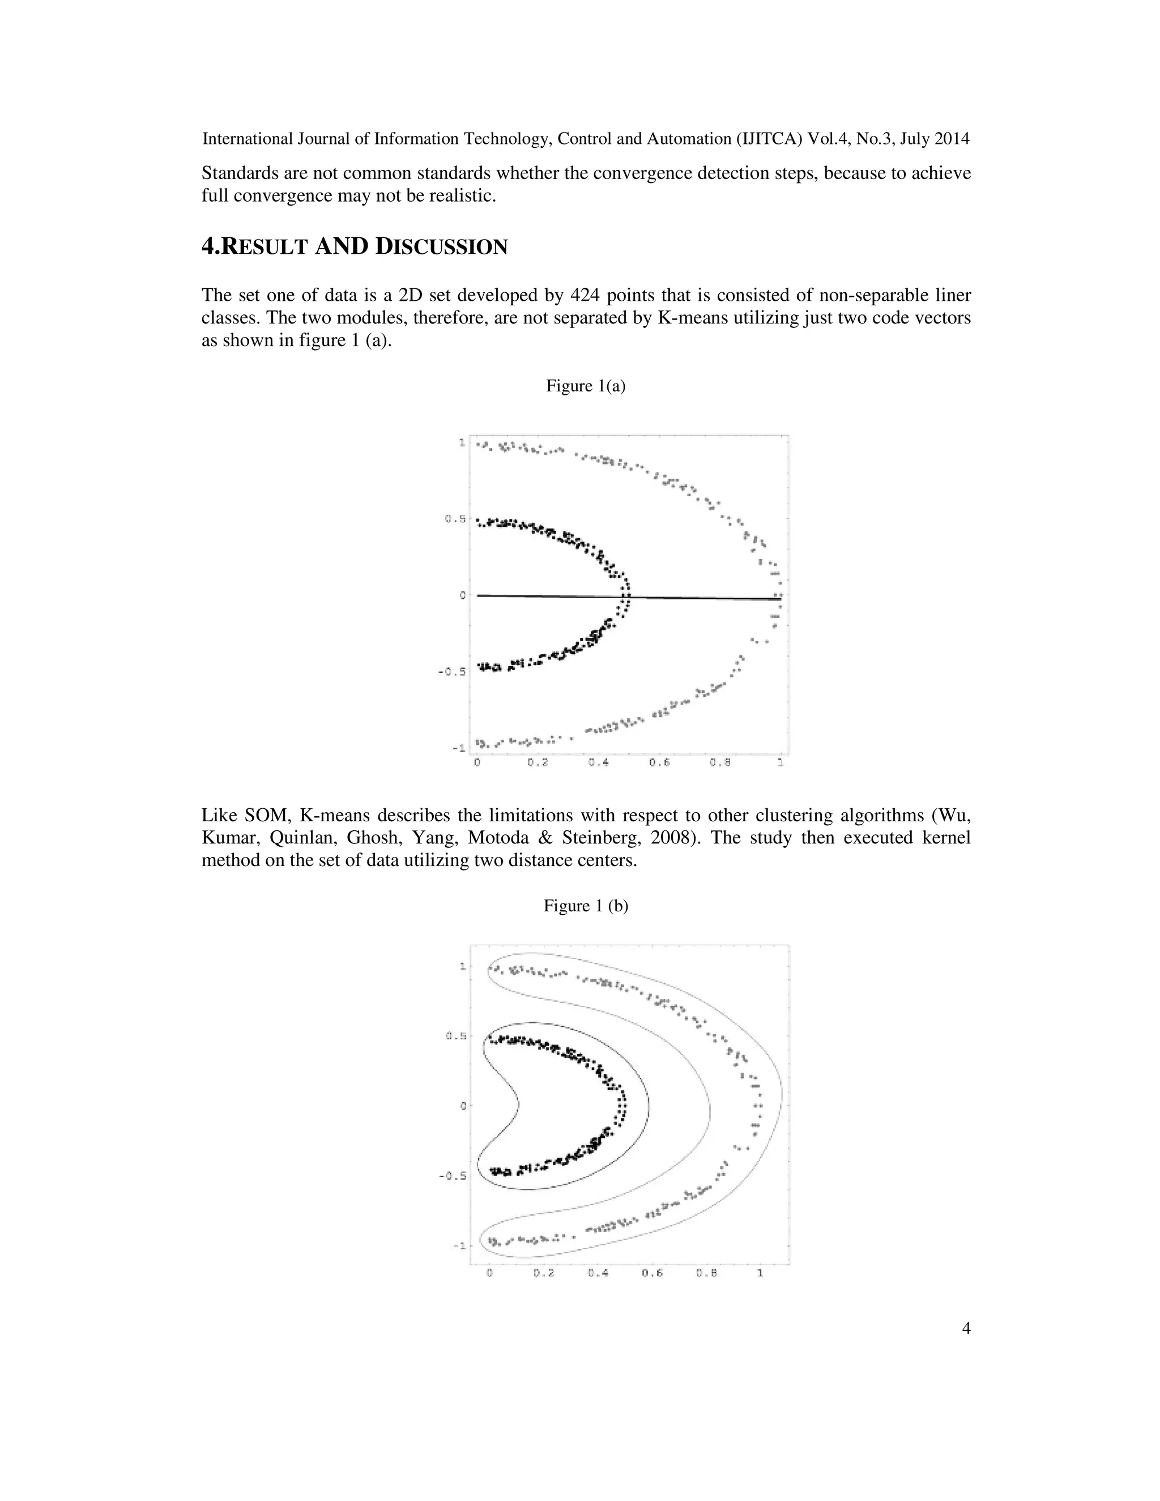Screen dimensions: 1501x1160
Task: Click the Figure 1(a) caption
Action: tap(586, 386)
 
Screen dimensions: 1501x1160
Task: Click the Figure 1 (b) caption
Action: tap(586, 906)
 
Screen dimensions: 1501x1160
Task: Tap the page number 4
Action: tap(966, 1328)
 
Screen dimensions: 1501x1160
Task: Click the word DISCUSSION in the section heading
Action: tap(441, 247)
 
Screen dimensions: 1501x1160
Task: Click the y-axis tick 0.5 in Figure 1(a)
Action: tap(455, 519)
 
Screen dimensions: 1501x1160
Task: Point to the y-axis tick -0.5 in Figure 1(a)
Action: tap(452, 671)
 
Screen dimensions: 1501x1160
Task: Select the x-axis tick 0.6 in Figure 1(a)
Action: tap(659, 763)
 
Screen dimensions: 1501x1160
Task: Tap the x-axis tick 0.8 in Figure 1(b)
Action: tap(706, 1273)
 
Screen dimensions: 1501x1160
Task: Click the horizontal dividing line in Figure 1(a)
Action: tap(550, 596)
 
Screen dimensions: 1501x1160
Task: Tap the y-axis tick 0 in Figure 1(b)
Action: tap(463, 1106)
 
